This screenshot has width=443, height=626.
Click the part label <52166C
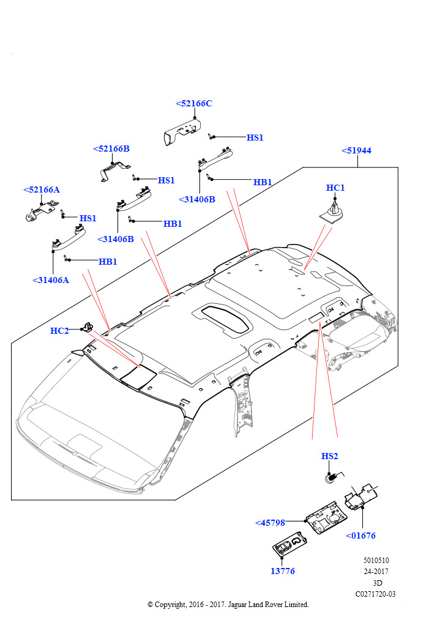tap(194, 103)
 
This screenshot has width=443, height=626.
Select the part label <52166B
tap(111, 149)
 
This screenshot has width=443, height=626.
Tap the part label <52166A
tap(42, 190)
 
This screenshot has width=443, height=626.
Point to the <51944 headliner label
tap(356, 150)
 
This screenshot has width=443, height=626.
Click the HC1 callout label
tap(335, 188)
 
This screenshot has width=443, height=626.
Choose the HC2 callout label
tap(59, 331)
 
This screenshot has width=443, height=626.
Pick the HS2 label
tap(330, 456)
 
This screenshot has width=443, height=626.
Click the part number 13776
tap(282, 571)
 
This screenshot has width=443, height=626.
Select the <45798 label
tap(270, 523)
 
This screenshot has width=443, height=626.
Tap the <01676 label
tap(360, 536)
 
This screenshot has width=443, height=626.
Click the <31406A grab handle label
tap(51, 280)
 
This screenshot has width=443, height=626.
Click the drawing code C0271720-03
tap(376, 594)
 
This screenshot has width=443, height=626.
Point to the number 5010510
tap(376, 560)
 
